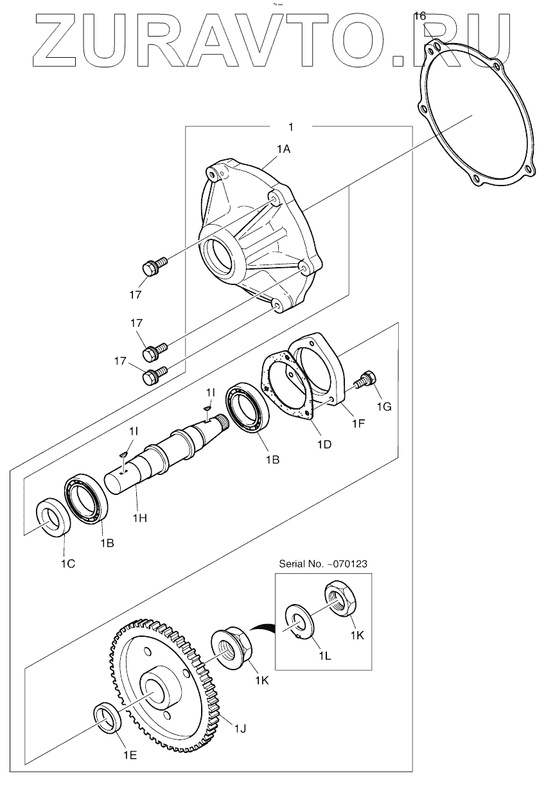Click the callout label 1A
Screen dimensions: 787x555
(283, 150)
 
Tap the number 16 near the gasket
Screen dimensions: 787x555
(419, 15)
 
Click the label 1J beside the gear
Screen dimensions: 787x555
(240, 728)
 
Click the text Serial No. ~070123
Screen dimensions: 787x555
(323, 564)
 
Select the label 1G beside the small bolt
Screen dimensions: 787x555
(383, 407)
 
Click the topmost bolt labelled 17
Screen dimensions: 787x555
(153, 266)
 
